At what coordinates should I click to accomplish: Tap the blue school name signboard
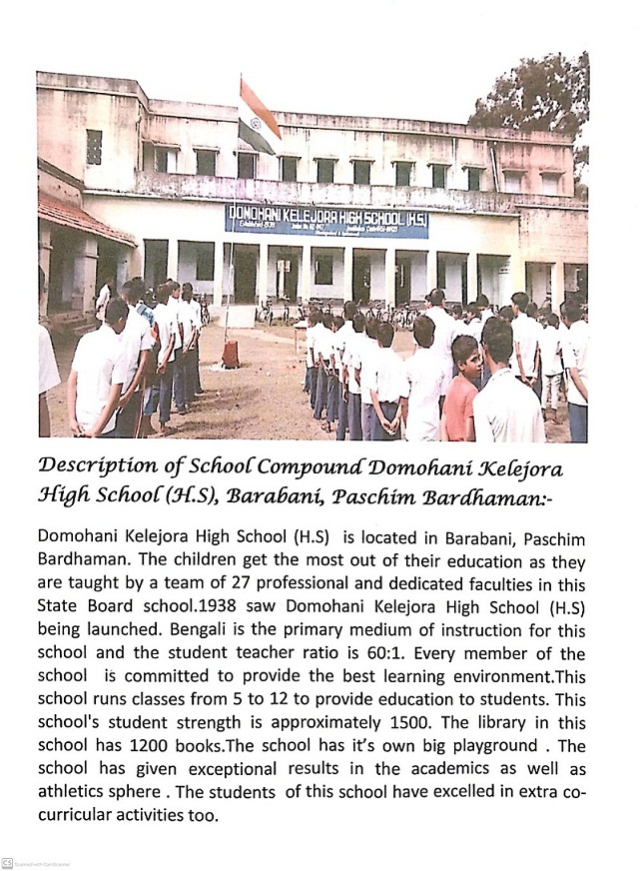coord(326,220)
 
